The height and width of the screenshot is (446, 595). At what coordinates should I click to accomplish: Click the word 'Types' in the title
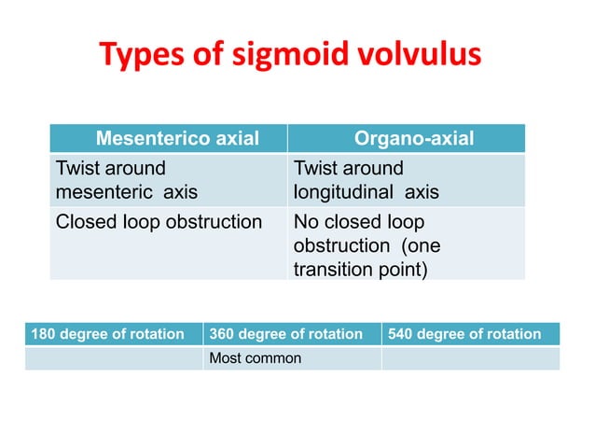134,56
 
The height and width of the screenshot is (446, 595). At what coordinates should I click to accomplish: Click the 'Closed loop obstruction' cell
159,222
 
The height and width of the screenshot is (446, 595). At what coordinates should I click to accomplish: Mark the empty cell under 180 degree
114,358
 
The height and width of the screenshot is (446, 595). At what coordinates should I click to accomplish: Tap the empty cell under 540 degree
470,358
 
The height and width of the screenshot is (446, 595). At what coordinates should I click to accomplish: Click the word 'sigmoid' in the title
279,56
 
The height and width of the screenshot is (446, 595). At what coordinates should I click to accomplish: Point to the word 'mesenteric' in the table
105,193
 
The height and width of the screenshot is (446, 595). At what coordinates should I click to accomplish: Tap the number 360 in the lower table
223,334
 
